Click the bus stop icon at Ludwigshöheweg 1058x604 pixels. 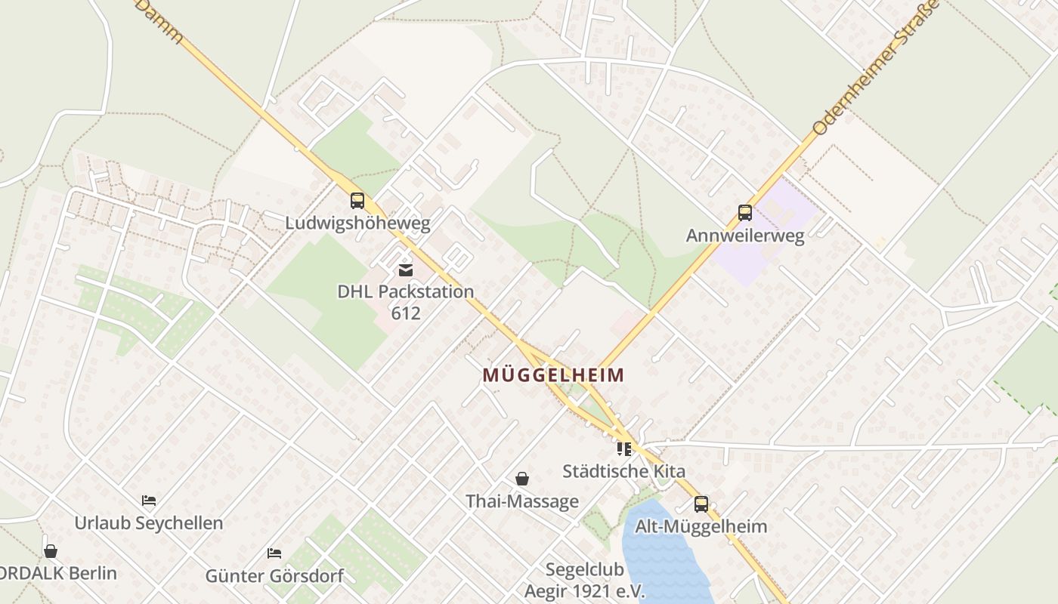tap(357, 201)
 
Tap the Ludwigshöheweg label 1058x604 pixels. tap(357, 223)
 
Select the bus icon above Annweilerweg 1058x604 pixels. tap(745, 213)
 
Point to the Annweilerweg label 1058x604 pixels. tap(745, 236)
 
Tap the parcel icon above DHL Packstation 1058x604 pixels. tap(406, 270)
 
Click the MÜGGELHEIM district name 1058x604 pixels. tap(554, 374)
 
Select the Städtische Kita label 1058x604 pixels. tap(624, 471)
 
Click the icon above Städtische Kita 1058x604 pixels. tap(624, 449)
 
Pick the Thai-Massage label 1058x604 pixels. tap(522, 501)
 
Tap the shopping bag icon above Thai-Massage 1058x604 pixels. tap(522, 479)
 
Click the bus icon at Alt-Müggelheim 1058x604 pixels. tap(701, 504)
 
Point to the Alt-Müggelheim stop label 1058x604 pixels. tap(701, 526)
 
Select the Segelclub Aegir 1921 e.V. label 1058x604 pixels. tap(585, 580)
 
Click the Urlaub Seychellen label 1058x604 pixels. tap(149, 522)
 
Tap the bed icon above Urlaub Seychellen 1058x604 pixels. tap(149, 501)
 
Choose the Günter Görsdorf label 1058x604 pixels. tap(274, 576)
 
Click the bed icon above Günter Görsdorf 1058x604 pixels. tap(274, 553)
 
